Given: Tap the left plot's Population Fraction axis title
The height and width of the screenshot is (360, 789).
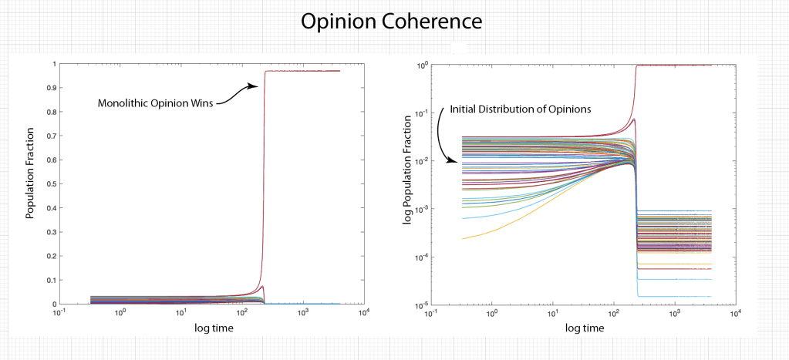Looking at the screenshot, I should [x=32, y=180].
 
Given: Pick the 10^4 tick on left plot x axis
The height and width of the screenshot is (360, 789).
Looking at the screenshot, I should [x=362, y=314].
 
